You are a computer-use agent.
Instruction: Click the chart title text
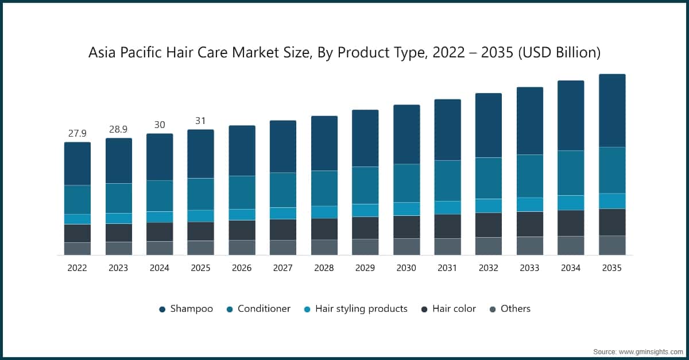click(344, 53)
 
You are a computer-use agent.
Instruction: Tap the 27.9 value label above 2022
click(77, 133)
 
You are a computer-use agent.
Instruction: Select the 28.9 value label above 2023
click(118, 129)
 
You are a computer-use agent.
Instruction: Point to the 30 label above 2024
click(160, 125)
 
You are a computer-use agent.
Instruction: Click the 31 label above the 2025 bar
click(200, 121)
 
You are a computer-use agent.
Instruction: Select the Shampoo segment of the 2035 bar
click(612, 110)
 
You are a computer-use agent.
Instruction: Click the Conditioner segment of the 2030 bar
click(407, 183)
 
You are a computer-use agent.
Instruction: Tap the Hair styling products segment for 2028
click(324, 212)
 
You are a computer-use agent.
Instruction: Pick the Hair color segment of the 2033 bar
click(530, 224)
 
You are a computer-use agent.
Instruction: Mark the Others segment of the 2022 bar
click(77, 249)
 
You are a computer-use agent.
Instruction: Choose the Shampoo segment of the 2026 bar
click(242, 150)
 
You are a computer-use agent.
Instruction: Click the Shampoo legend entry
click(185, 309)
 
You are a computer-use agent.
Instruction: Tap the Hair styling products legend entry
click(355, 309)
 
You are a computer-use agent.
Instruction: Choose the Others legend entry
click(509, 309)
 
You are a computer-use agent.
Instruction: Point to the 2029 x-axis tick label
click(365, 268)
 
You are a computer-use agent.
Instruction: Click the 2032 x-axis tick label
click(489, 268)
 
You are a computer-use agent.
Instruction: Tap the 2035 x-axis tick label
click(612, 268)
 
